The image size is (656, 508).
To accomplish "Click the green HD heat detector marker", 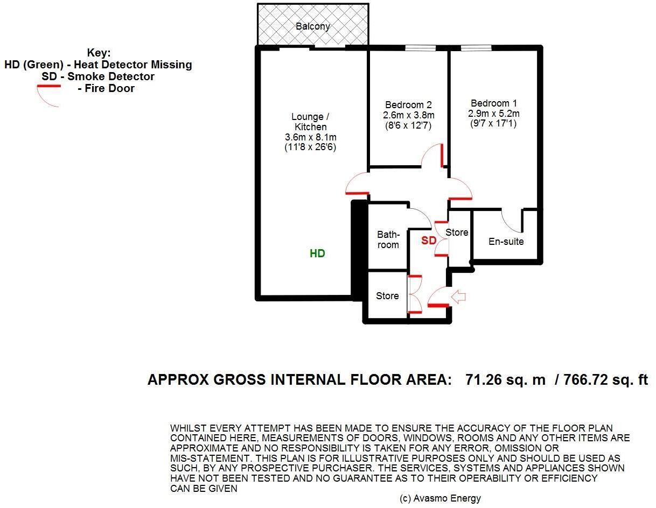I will pyautogui.click(x=317, y=253).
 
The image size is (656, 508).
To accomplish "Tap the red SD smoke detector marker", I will pyautogui.click(x=429, y=241).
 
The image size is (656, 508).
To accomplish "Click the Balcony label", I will pyautogui.click(x=313, y=26).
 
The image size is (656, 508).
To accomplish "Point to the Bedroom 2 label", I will pyautogui.click(x=408, y=105).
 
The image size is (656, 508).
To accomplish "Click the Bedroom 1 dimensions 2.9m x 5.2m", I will pyautogui.click(x=493, y=114).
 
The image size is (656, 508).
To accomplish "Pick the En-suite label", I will pyautogui.click(x=506, y=242).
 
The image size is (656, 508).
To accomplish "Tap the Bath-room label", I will pyautogui.click(x=388, y=240).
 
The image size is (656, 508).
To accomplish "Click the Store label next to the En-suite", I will pyautogui.click(x=457, y=232).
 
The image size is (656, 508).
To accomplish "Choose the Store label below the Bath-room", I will pyautogui.click(x=387, y=296).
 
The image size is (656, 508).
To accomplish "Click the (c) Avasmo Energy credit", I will pyautogui.click(x=440, y=498).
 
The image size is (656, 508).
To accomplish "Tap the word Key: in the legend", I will pyautogui.click(x=99, y=53).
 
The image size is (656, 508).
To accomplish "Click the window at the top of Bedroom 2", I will pyautogui.click(x=420, y=48).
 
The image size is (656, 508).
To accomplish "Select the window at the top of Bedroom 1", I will pyautogui.click(x=476, y=48).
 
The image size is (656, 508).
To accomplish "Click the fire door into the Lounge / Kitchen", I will pyautogui.click(x=356, y=186).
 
